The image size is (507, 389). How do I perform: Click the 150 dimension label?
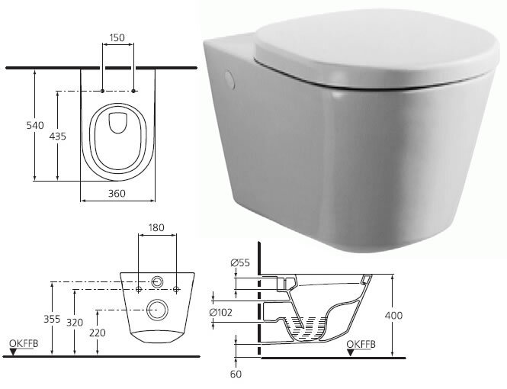[x=117, y=38]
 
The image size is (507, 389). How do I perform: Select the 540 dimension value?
[x=35, y=125]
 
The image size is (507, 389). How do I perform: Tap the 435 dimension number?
[x=57, y=136]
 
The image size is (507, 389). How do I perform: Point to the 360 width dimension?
[x=117, y=194]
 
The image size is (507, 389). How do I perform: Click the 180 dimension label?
[x=156, y=227]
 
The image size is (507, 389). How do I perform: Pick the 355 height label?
[x=52, y=319]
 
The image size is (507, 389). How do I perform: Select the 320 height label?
[x=75, y=323]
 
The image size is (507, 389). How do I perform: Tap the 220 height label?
[x=98, y=333]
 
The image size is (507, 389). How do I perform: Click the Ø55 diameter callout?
[x=240, y=262]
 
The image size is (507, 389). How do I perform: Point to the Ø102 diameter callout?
[x=220, y=313]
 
